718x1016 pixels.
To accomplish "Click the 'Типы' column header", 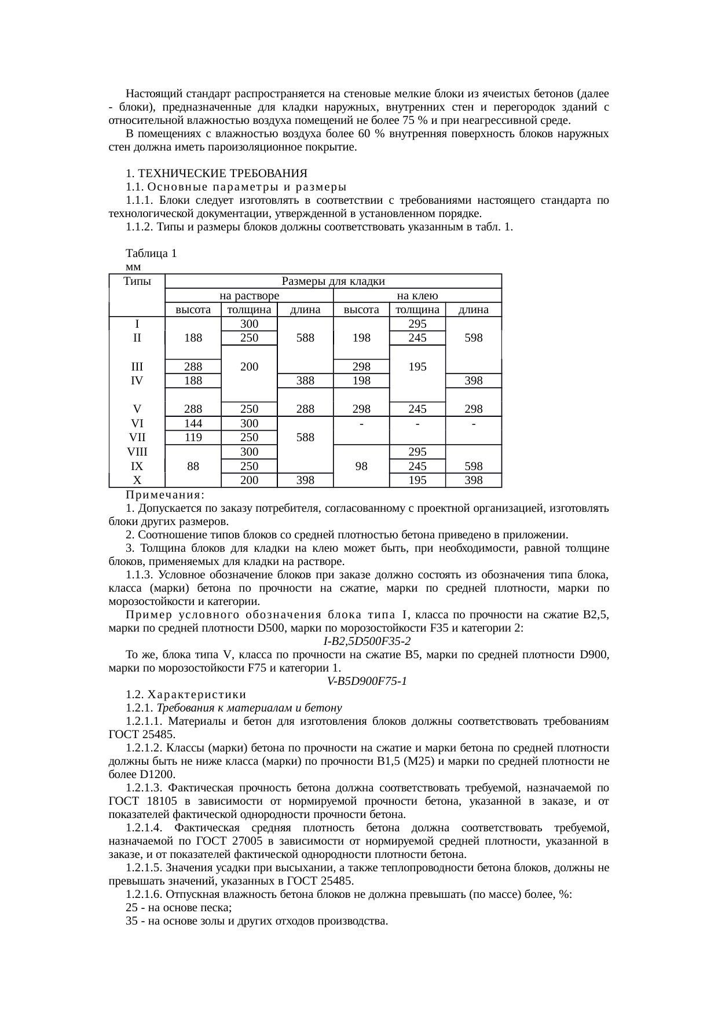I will tap(137, 281).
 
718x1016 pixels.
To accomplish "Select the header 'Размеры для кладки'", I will tap(333, 281).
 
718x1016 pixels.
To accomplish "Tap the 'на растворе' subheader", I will tap(249, 295).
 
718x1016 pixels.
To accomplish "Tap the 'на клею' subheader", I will tap(417, 295).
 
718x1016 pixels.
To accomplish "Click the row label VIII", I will tap(137, 452).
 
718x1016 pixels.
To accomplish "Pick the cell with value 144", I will tap(193, 424).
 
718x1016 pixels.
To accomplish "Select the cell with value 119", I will tap(193, 438).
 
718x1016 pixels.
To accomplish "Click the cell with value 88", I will tap(193, 465).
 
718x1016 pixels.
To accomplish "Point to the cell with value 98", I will tap(361, 465).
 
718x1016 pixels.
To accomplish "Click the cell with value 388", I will tap(305, 380).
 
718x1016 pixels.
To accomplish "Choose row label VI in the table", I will tap(137, 424).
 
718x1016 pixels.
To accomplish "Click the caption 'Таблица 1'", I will tap(151, 254).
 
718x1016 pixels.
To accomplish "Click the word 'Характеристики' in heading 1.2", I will tap(196, 694).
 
